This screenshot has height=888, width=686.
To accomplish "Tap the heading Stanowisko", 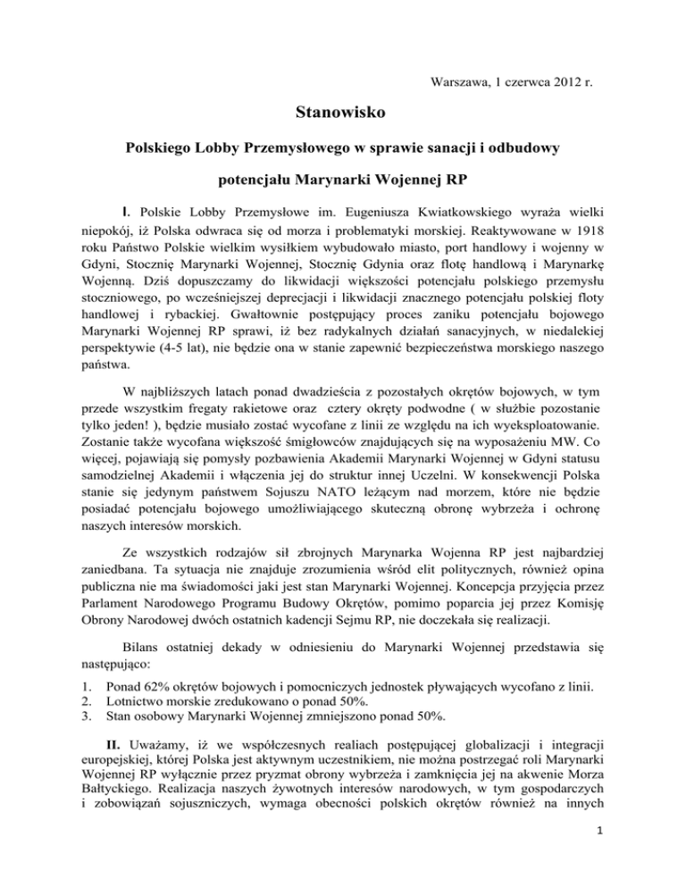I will [x=343, y=114].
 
